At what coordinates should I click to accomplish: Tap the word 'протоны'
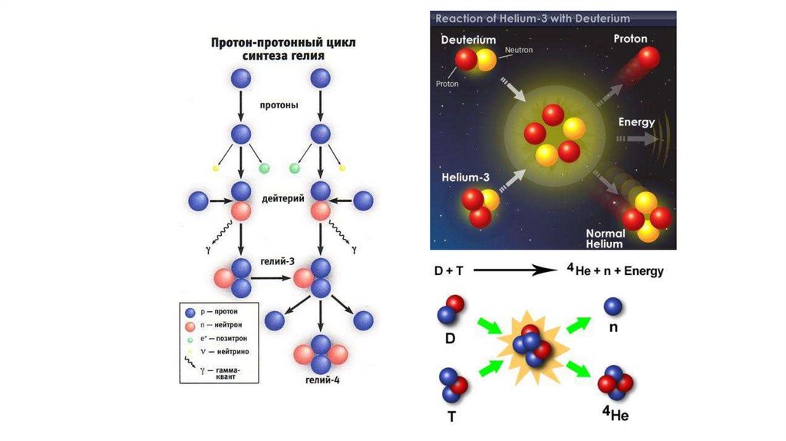point(279,104)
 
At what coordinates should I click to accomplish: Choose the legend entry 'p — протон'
point(218,312)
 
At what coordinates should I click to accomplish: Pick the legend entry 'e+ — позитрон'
point(218,338)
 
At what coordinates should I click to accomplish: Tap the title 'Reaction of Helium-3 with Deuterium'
point(532,18)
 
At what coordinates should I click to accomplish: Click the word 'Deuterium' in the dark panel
point(468,39)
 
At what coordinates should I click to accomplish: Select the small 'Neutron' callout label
point(518,50)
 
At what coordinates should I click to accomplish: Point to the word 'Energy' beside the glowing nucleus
point(636,122)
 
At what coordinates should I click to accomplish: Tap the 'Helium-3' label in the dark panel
point(465,177)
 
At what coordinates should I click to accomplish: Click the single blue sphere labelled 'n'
point(613,307)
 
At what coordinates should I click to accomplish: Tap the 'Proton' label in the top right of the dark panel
point(630,38)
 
